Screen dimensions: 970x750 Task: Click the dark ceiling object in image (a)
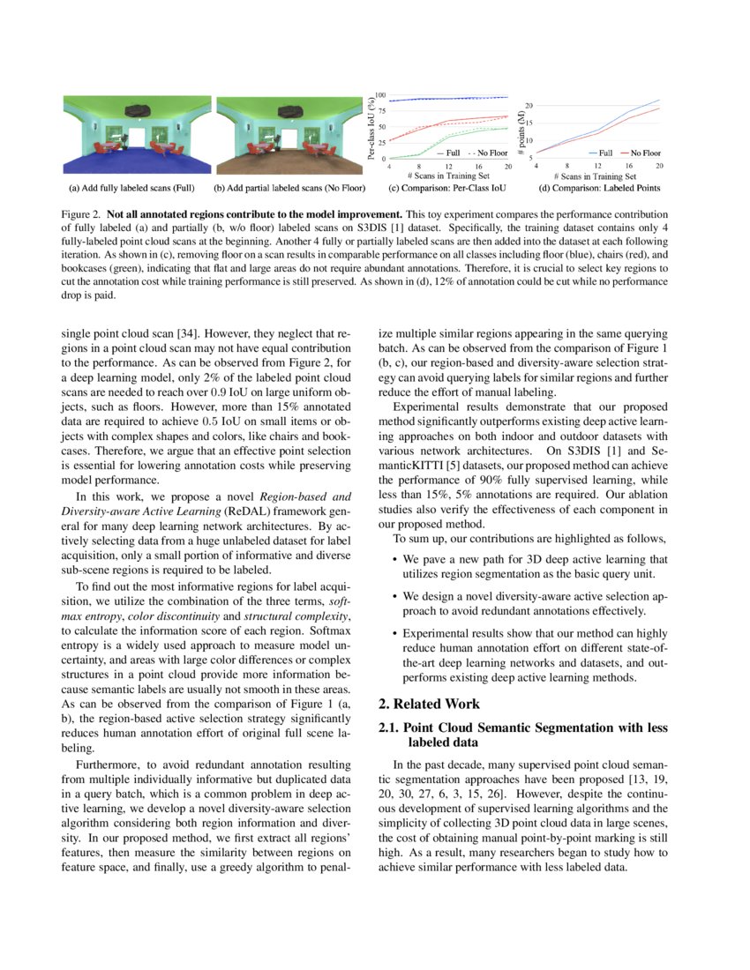click(135, 109)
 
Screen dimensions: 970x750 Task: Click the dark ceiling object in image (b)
click(288, 109)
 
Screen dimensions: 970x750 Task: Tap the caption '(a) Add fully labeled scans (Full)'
click(131, 188)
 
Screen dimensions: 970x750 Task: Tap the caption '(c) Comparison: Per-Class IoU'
click(440, 188)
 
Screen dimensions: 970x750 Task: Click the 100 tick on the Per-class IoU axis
click(380, 94)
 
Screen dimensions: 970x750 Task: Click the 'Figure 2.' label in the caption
click(79, 214)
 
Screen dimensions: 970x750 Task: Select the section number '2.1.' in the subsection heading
click(389, 727)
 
